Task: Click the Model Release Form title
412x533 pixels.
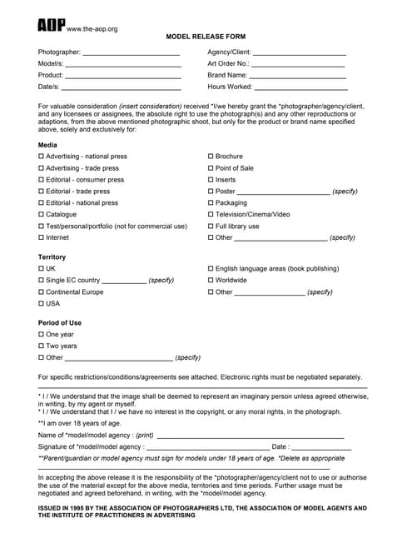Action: coord(206,38)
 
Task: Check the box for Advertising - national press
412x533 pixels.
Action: coord(42,157)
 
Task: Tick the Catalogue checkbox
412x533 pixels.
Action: coord(42,215)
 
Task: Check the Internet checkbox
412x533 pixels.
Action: coord(42,238)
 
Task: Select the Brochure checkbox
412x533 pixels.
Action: coord(211,157)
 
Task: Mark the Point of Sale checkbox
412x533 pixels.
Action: coord(211,168)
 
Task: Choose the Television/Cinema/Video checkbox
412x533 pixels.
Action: coord(211,215)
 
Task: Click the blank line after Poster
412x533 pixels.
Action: coord(283,192)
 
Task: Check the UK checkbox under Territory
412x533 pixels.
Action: coord(42,269)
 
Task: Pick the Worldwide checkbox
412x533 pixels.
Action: coord(211,281)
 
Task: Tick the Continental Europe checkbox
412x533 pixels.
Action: coord(42,292)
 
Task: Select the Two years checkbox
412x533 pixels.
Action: coord(42,346)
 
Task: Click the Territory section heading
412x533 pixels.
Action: coord(52,257)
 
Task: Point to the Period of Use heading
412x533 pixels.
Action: coord(60,322)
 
